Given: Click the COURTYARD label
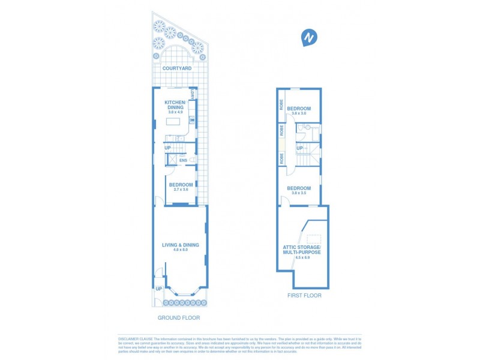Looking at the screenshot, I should point(176,69).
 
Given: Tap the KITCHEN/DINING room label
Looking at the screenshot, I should point(176,106).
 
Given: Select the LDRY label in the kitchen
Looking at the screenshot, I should point(192,95).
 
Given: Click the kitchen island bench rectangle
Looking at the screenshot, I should point(173,122).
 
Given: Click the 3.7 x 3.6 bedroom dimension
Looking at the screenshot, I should point(181,190).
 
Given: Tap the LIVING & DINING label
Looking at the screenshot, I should point(180,245).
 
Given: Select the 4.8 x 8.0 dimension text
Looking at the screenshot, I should point(180,250).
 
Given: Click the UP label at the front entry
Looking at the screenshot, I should point(158,289).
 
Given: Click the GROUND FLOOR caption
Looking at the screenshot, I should point(179,317).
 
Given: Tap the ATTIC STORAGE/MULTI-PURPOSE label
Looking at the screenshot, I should point(302,250).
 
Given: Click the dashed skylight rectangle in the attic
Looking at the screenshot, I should point(314,239).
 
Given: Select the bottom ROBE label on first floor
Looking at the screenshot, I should point(280,158).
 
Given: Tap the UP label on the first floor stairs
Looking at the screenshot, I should point(299,148).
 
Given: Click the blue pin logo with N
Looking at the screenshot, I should point(309,38).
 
